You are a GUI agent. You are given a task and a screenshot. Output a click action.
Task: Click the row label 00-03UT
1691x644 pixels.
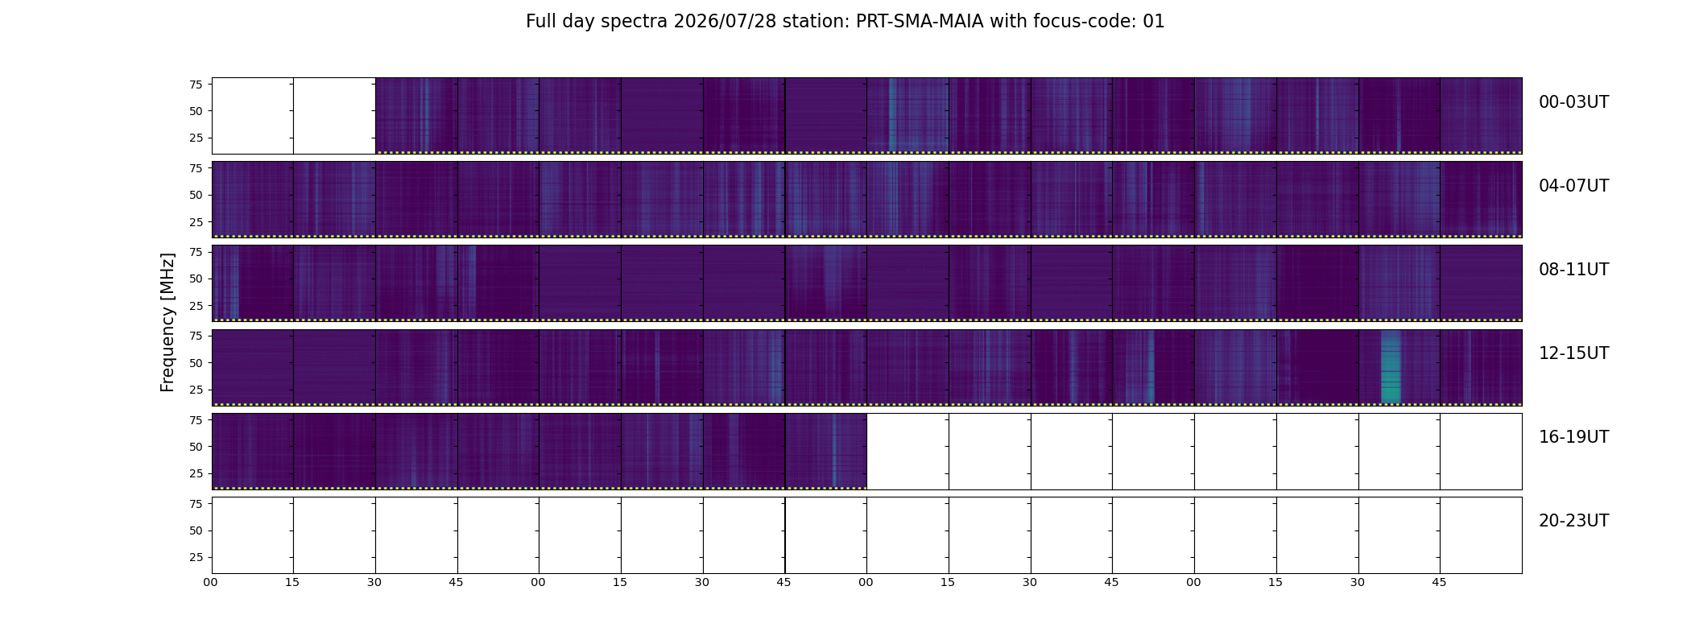[x=1573, y=102]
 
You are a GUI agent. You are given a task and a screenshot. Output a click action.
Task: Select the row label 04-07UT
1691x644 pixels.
[x=1573, y=186]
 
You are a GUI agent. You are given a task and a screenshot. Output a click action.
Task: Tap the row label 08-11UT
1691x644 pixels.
[x=1573, y=270]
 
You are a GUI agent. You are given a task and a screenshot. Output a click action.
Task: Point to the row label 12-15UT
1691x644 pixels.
[x=1573, y=353]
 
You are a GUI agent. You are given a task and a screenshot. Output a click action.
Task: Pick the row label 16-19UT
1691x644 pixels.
[x=1573, y=437]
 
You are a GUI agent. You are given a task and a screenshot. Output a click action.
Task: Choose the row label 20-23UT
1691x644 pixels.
[x=1573, y=521]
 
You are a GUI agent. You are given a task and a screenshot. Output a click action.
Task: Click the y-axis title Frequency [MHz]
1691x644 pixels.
[x=167, y=322]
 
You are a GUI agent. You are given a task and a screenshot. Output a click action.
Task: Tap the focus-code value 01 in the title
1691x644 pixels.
[x=1154, y=22]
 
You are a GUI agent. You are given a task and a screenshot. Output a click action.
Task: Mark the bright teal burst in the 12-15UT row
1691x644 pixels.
[x=1391, y=366]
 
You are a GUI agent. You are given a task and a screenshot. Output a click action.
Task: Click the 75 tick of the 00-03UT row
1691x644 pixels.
[x=196, y=84]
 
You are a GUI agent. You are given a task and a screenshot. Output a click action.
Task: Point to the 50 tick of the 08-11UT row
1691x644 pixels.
[x=196, y=279]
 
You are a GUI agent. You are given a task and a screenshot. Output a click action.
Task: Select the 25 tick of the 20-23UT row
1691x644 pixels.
[x=196, y=557]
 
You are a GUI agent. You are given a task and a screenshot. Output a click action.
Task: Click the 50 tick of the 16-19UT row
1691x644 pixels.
[x=196, y=446]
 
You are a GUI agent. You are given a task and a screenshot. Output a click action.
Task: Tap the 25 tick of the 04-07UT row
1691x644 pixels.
[x=196, y=221]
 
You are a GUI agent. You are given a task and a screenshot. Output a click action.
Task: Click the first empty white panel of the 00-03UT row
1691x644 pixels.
[x=253, y=116]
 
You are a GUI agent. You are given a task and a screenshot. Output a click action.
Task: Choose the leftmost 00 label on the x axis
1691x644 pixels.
[x=210, y=582]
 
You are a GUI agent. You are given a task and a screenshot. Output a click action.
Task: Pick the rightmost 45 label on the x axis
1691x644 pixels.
[x=1439, y=582]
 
